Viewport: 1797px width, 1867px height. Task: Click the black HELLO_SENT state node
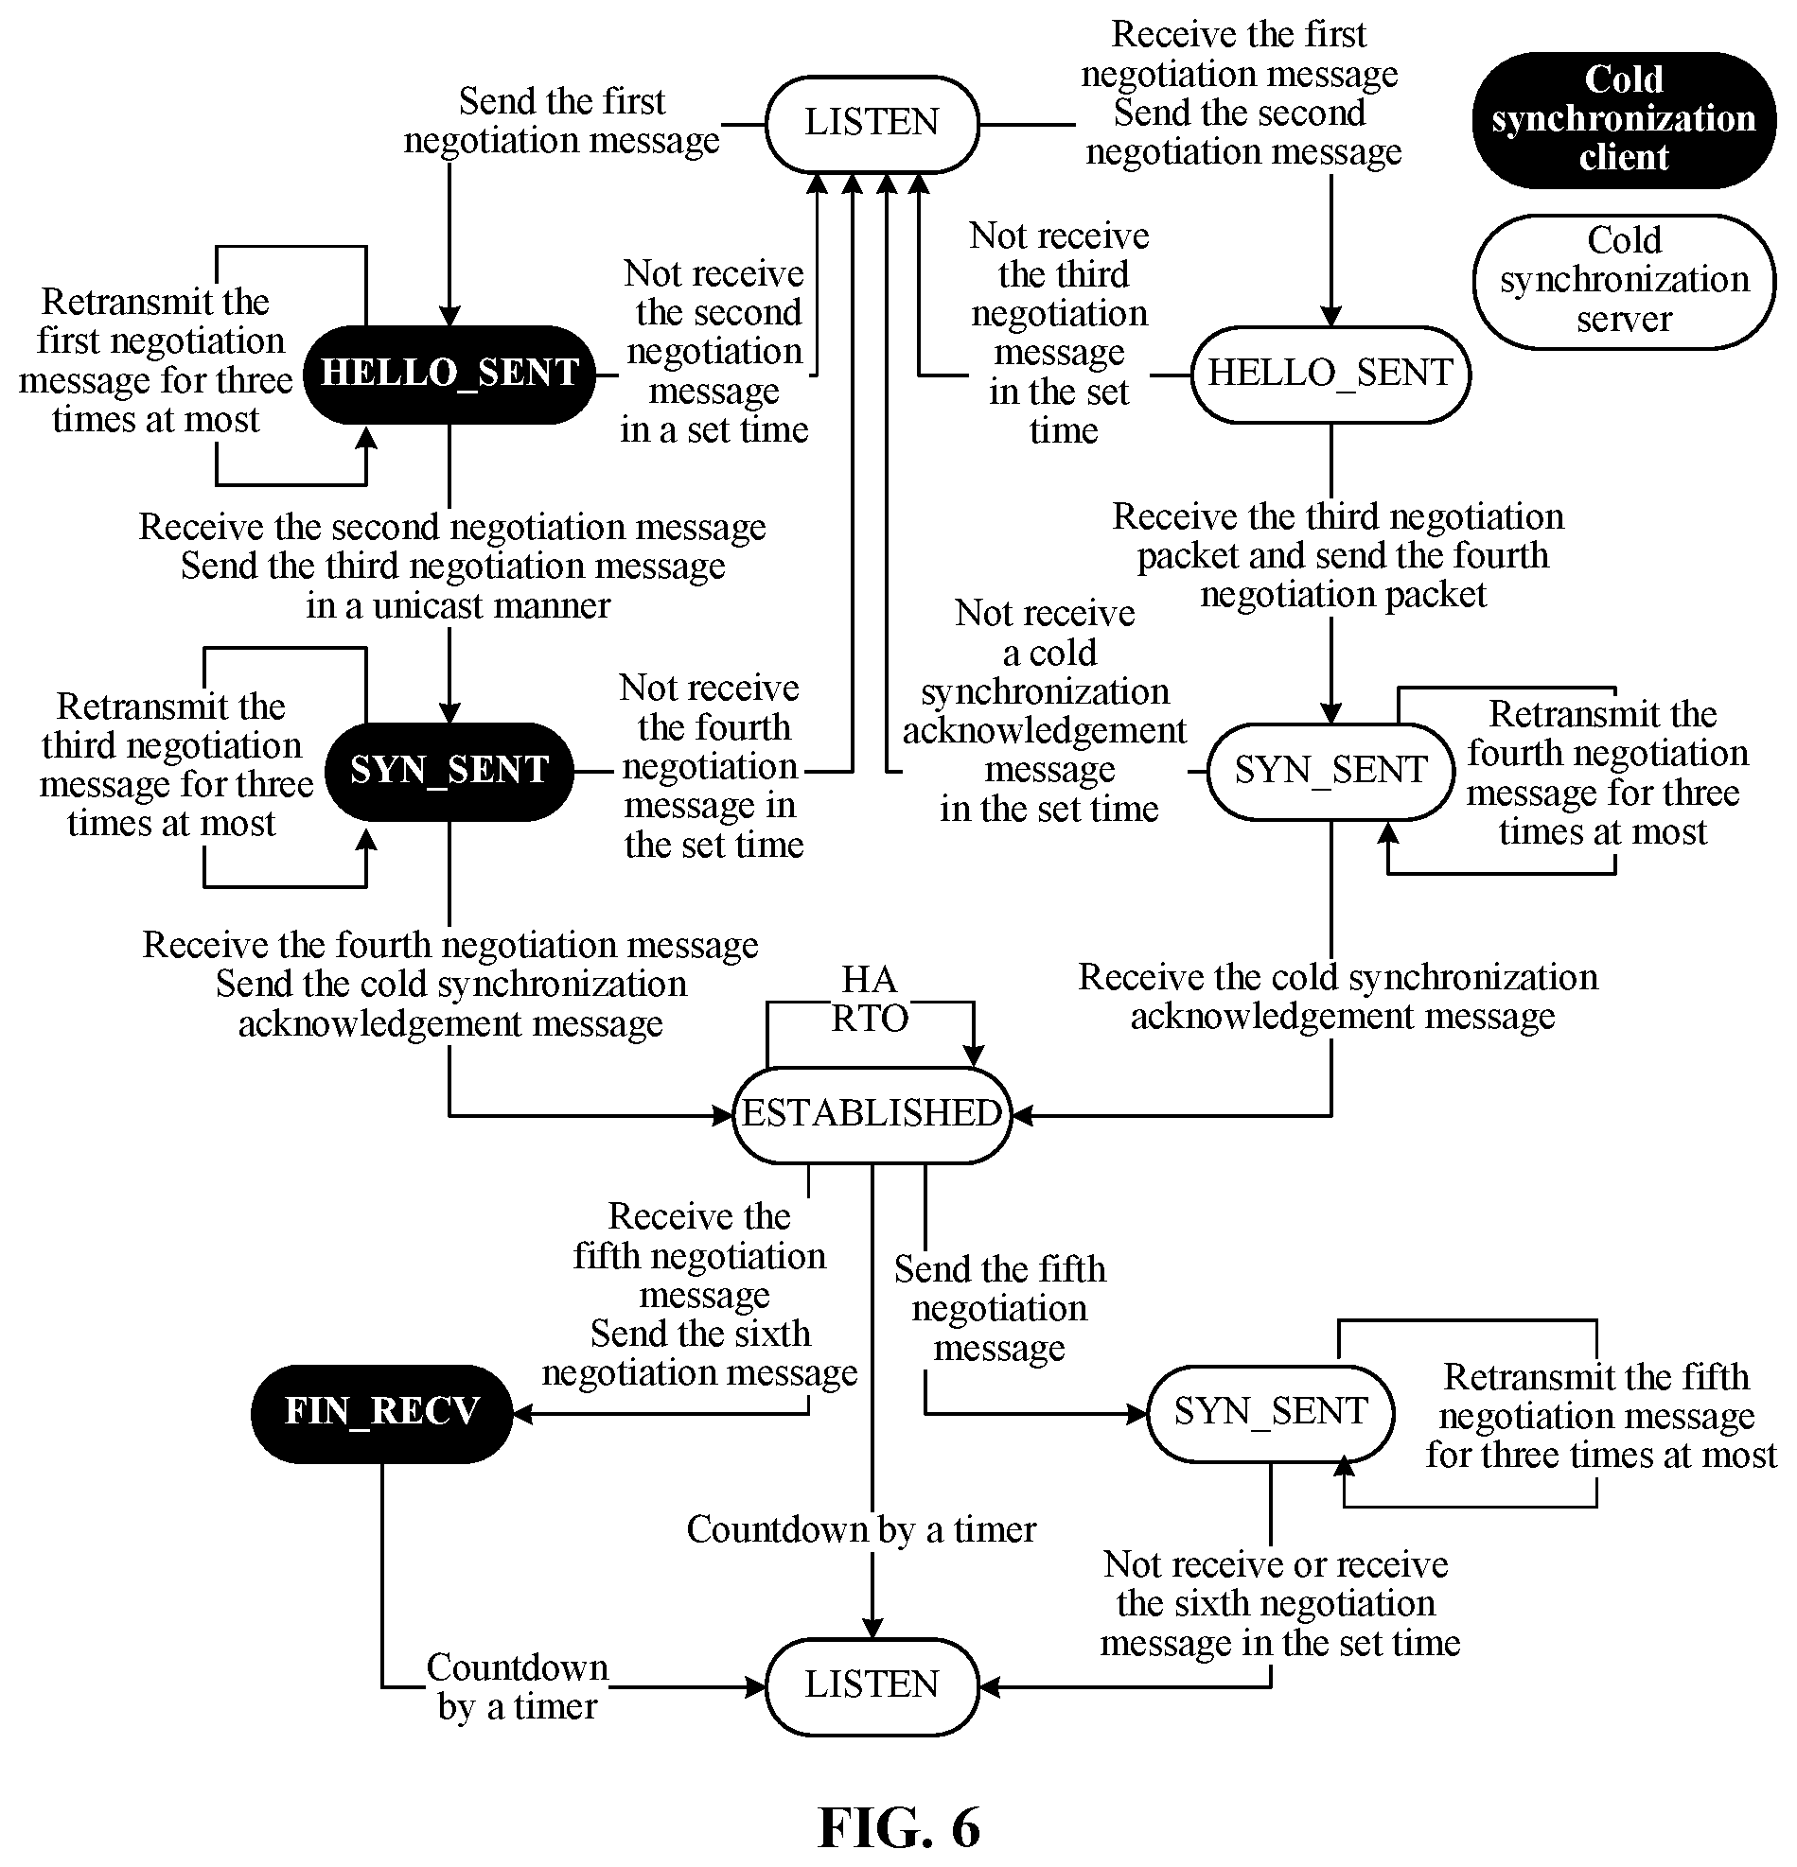449,375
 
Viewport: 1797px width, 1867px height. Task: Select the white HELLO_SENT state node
1331,375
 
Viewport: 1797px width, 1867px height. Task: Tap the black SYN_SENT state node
449,771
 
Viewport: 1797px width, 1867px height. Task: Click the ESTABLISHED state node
872,1114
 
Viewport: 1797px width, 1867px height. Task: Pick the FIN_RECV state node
382,1413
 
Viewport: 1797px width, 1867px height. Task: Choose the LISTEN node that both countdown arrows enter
872,1686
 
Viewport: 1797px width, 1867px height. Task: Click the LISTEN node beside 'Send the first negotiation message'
872,124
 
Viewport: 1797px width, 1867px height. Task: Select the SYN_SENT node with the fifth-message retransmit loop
1271,1413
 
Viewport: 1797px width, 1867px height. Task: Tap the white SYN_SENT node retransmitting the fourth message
1331,771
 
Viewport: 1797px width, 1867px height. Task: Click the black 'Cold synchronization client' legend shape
1625,119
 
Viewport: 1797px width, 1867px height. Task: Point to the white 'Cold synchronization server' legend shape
1625,281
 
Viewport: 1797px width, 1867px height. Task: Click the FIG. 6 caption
900,1827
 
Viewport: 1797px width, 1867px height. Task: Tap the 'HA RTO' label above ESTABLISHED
869,999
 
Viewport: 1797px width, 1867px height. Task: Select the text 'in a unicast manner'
458,606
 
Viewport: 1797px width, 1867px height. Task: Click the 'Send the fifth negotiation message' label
999,1309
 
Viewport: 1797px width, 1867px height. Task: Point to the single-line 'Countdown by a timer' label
861,1528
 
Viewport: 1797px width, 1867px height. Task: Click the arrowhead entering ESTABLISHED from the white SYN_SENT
1022,1114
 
